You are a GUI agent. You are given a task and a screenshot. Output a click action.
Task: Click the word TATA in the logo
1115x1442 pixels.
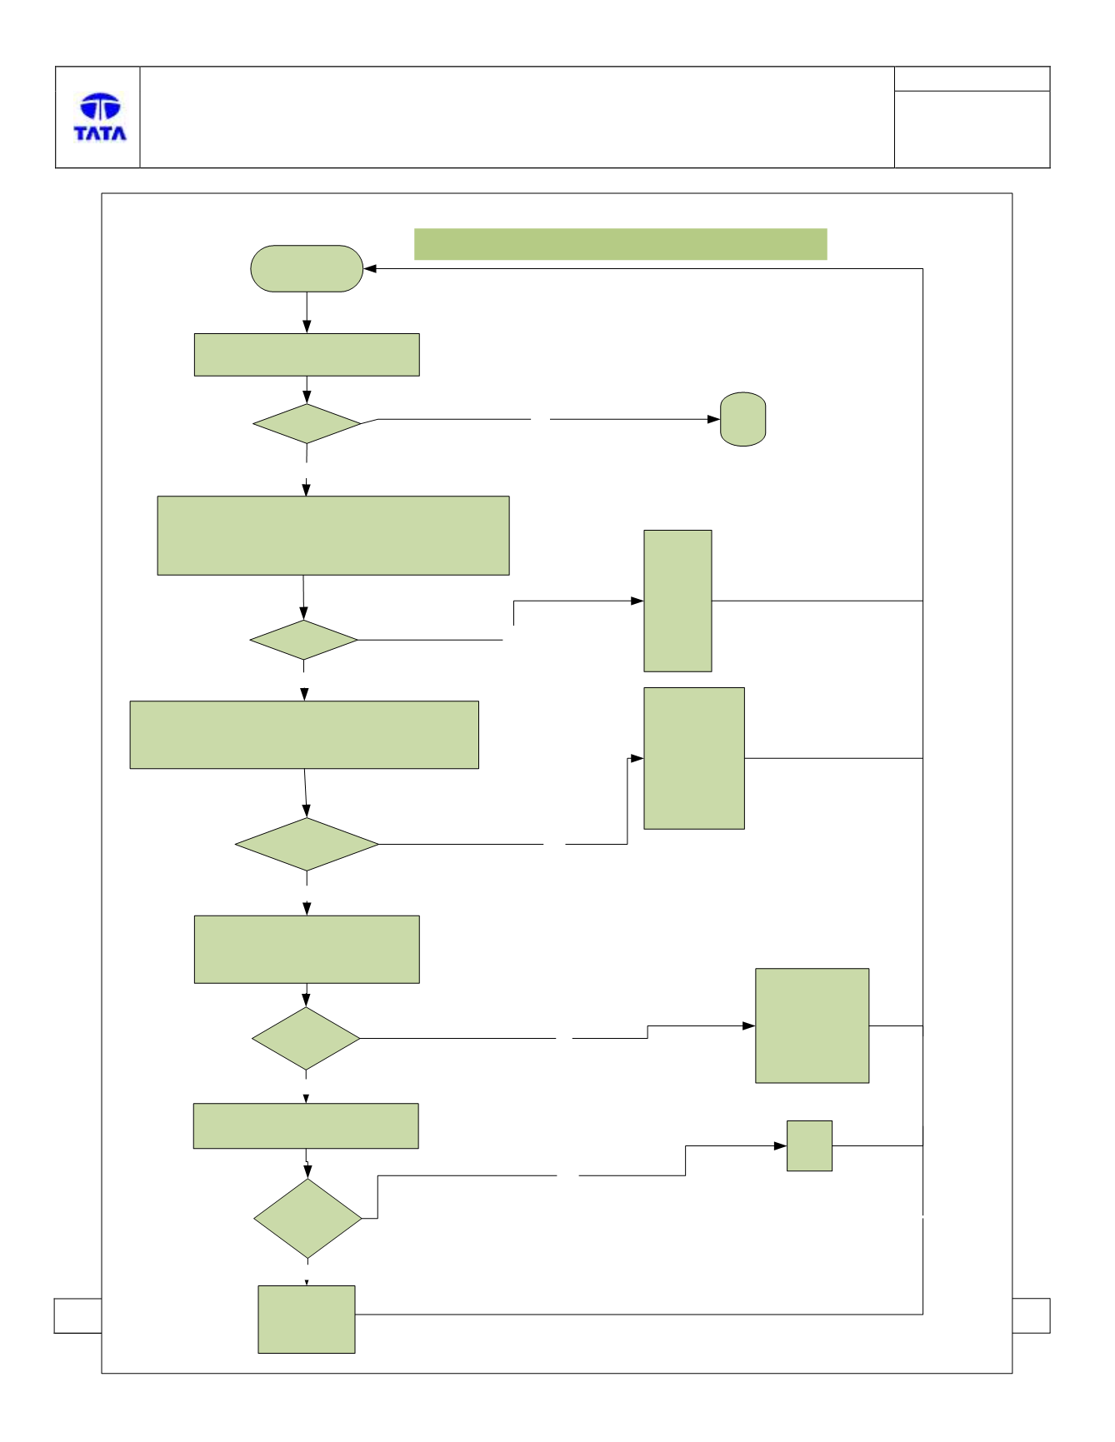(100, 133)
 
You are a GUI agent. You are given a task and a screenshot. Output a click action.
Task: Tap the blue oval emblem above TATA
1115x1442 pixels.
(100, 107)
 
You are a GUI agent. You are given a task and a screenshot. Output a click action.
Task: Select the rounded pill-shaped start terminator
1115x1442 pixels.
(307, 268)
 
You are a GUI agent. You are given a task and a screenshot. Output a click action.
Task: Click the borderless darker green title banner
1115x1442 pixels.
(621, 244)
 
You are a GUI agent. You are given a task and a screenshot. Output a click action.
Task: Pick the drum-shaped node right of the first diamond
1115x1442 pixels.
(742, 419)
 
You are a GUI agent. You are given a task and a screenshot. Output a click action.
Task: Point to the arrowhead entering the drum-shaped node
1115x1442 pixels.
(714, 419)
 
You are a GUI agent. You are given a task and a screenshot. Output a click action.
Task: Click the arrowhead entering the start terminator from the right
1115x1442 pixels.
(371, 269)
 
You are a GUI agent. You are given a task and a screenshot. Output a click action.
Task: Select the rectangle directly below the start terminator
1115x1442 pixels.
(307, 355)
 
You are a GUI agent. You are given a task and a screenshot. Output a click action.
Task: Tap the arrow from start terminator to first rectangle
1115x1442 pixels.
(307, 312)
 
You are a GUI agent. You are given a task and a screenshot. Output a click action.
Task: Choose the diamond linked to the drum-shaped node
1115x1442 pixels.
(307, 424)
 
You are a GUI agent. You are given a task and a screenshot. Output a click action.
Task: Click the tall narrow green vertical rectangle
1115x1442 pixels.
(677, 601)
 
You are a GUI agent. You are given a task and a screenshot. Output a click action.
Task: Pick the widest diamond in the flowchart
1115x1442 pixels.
(307, 845)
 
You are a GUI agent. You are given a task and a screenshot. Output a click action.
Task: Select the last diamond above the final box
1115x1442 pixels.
(307, 1219)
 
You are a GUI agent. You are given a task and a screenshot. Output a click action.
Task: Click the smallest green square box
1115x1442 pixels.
(809, 1145)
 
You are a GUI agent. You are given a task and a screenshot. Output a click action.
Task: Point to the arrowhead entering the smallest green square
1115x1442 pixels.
(781, 1145)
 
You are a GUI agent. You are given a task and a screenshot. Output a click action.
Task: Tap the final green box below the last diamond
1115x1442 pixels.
(307, 1319)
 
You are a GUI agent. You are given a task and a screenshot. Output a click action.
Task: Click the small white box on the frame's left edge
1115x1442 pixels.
(77, 1315)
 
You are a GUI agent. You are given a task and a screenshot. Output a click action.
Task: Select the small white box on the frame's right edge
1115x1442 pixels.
(1031, 1315)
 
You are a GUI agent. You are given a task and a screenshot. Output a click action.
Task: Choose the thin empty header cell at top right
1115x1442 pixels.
(972, 79)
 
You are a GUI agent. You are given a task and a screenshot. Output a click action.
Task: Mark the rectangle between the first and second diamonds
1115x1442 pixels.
(333, 536)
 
